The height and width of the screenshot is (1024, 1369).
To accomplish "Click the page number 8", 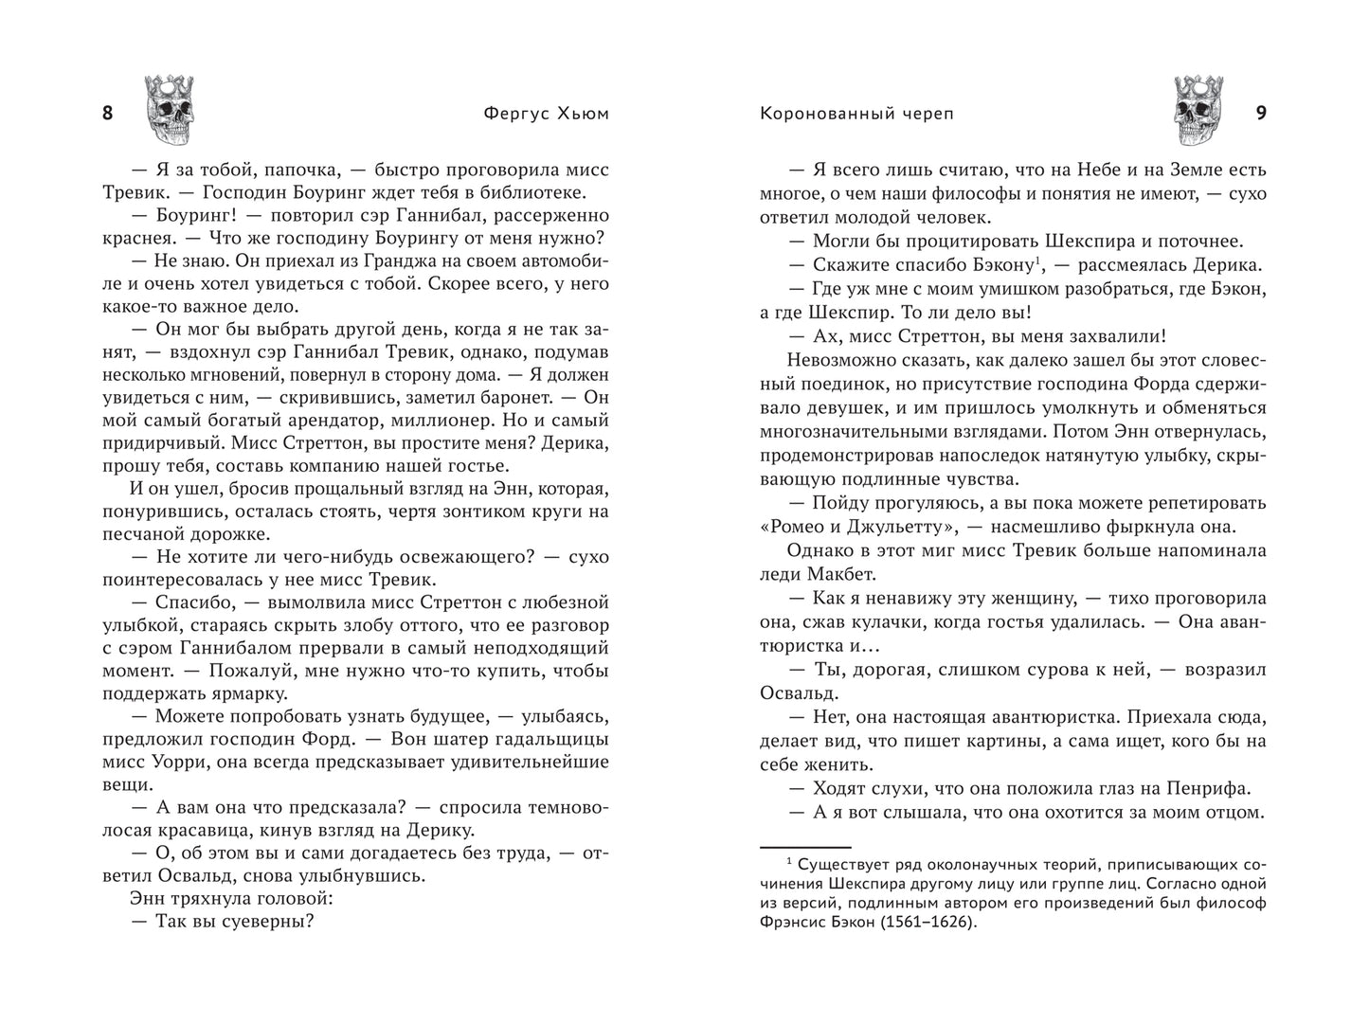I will [x=107, y=114].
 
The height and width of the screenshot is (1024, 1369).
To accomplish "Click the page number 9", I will [x=1261, y=114].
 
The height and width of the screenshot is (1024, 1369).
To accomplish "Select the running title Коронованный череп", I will [x=856, y=114].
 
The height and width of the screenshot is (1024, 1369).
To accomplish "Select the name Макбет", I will [x=840, y=574].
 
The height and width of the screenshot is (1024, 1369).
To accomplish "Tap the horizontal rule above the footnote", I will [x=806, y=848].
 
